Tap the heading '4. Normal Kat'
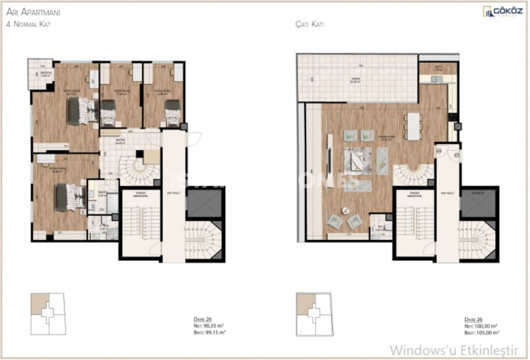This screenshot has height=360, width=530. [x=28, y=24]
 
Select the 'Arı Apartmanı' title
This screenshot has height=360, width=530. [x=33, y=12]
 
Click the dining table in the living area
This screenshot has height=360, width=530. [x=413, y=126]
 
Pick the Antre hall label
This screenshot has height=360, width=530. [x=120, y=140]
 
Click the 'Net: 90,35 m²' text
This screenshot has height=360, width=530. [x=209, y=326]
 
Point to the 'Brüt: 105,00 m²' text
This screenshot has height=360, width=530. [x=482, y=332]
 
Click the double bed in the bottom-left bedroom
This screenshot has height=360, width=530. [x=70, y=197]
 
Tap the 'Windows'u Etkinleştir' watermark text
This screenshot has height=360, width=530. [x=454, y=350]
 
